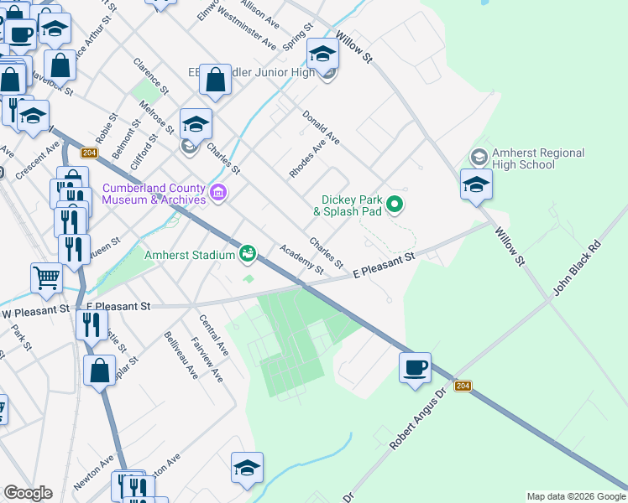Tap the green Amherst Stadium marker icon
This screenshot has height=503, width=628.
248,251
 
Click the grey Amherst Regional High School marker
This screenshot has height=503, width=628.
478,157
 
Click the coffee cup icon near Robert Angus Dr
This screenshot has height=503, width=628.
415,368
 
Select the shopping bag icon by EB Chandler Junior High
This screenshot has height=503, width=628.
216,81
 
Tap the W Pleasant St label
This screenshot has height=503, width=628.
35,312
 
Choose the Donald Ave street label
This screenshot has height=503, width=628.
321,127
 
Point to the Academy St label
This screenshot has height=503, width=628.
302,259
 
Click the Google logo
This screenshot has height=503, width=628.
28,493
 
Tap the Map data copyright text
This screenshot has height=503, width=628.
576,496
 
